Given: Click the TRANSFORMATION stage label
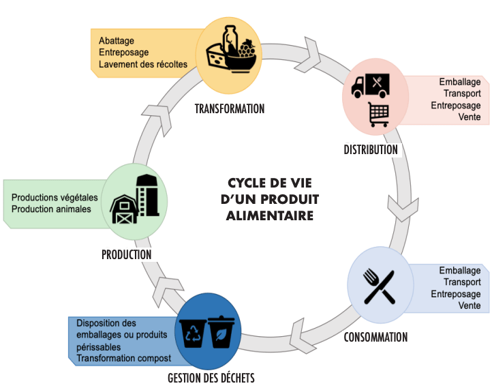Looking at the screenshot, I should coord(229,108).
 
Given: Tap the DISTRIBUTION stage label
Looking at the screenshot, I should coord(370,149).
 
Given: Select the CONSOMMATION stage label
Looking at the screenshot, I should coord(375,337).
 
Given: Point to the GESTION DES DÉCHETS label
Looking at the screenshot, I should coord(211,377).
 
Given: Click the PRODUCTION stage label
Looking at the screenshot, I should coord(126,254).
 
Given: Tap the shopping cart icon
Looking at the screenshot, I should coord(378,114).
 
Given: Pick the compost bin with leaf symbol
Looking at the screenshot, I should coord(221,331).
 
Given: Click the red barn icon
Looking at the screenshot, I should coord(125,207).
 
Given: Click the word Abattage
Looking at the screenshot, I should coord(117,40).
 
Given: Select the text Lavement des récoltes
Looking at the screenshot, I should coord(143,65).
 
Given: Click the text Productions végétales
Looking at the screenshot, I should coord(55,198).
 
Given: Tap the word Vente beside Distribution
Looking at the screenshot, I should coord(470,117).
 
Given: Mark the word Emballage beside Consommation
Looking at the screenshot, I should coord(460,270).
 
